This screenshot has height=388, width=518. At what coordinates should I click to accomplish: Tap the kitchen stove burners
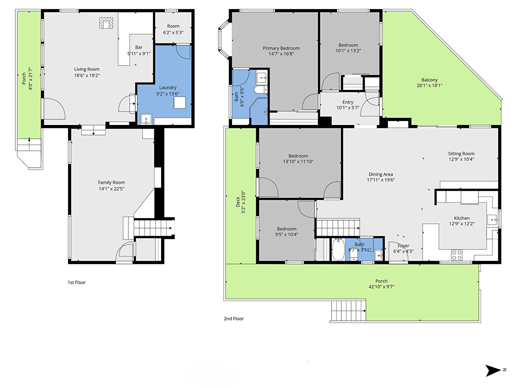(x=456, y=255)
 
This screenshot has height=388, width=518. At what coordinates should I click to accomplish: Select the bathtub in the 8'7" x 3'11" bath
(x=338, y=249)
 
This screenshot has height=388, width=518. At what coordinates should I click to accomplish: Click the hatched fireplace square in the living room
(x=106, y=23)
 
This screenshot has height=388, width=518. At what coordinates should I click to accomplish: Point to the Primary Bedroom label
(x=281, y=48)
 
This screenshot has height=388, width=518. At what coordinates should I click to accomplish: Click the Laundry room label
(x=168, y=88)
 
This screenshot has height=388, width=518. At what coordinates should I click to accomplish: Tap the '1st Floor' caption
(x=77, y=282)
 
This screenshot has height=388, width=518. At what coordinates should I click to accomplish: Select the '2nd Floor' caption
(x=233, y=319)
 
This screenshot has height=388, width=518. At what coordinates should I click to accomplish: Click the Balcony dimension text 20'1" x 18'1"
(x=429, y=86)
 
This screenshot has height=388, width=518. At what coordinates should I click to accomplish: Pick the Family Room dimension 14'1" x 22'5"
(x=112, y=189)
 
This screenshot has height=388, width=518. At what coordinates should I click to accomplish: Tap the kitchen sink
(x=492, y=220)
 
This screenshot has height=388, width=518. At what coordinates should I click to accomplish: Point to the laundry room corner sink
(x=146, y=119)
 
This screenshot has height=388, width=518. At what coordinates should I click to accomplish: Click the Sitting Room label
(x=461, y=154)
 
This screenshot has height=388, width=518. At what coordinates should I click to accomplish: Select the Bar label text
(x=139, y=47)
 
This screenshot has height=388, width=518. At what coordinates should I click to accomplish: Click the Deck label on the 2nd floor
(x=238, y=202)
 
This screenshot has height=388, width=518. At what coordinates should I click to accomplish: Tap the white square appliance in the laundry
(x=180, y=102)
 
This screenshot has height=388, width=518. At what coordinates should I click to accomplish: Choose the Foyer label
(x=403, y=246)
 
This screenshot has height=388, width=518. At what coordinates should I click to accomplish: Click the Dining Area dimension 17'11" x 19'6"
(x=381, y=180)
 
